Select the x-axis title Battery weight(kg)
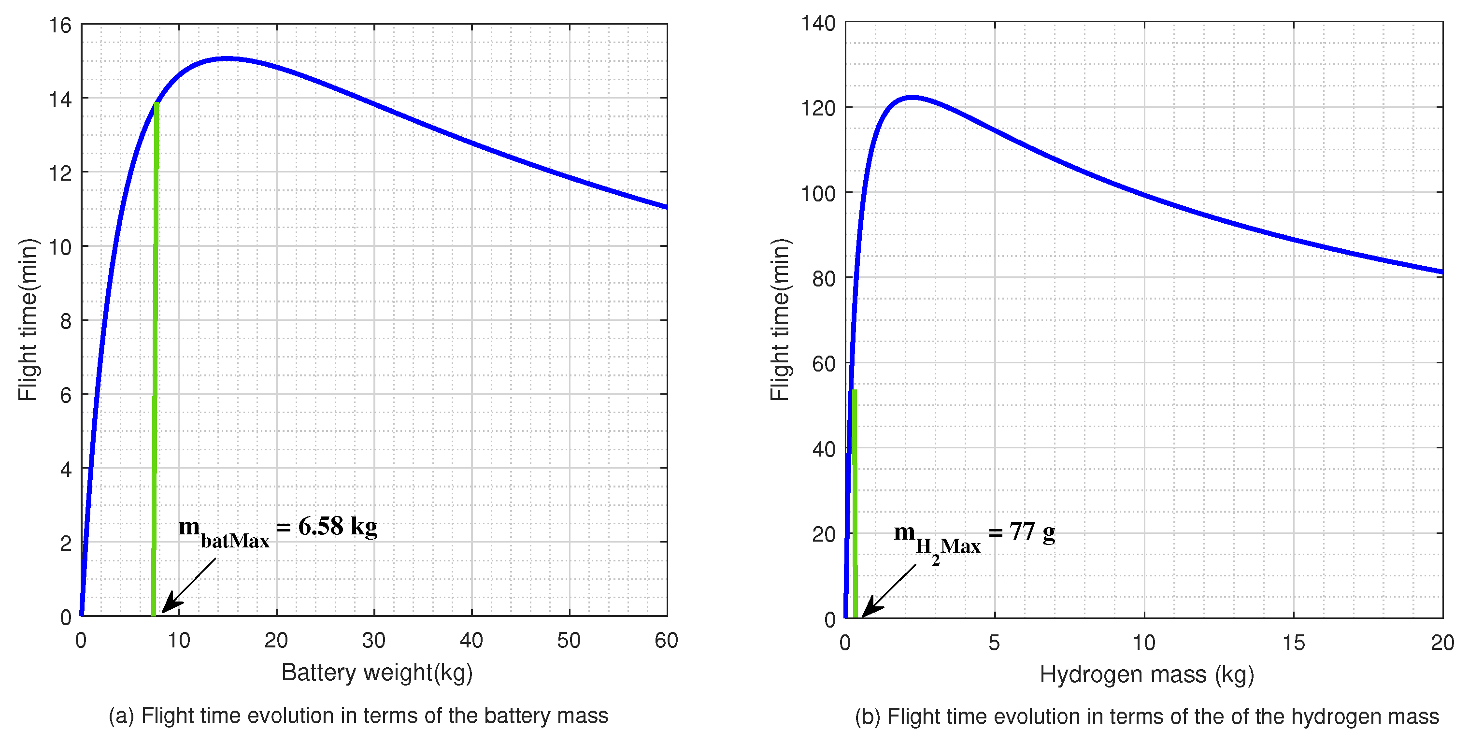[377, 673]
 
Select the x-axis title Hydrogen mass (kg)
[1146, 675]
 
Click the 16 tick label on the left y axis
[60, 26]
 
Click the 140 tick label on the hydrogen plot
[818, 24]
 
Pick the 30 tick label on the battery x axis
[373, 641]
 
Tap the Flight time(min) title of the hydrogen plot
[780, 319]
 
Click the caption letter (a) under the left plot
[121, 716]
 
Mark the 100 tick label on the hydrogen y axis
[818, 194]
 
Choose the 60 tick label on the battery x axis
[666, 641]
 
